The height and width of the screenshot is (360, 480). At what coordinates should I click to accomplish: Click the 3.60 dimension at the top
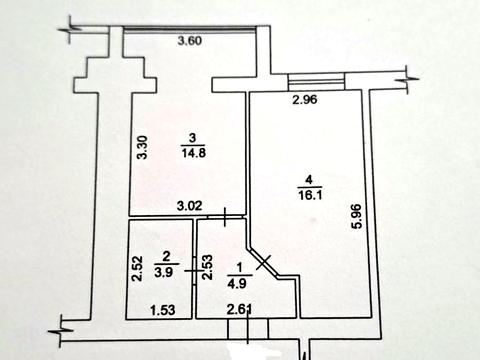click(190, 41)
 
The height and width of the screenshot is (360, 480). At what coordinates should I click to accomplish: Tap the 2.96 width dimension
click(305, 99)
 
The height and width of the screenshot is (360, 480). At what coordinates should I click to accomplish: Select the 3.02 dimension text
click(189, 207)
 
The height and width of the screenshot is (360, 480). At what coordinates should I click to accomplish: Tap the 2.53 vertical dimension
click(207, 268)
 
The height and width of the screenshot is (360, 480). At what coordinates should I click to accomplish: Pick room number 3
click(192, 139)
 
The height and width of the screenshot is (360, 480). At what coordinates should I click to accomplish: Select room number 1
click(239, 267)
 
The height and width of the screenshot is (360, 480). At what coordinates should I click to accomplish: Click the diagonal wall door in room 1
click(265, 263)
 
